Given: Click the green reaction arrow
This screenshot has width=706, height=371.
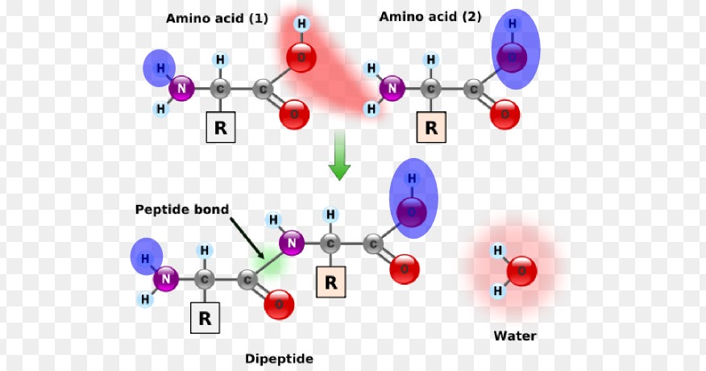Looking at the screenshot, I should pos(340,158).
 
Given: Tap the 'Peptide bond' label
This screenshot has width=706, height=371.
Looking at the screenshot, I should pos(182,210).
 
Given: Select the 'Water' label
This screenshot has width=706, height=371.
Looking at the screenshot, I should pos(515,336).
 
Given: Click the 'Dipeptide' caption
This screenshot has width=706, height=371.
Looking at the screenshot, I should pos(279,359).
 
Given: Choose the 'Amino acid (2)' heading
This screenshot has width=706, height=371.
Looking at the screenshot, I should pos(430,16).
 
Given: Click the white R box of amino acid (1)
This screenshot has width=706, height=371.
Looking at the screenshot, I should pos(220,127).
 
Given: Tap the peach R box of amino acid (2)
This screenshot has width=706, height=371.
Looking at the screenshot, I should pos(431,127).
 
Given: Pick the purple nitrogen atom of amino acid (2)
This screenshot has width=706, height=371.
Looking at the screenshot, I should pos(392,89).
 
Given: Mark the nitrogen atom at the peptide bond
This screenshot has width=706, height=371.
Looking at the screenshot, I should pos(293,241).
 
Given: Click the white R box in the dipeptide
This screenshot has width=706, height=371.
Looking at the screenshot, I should pos(205,319).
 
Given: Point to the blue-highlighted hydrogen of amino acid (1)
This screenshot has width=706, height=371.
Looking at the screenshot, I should pos(160,68).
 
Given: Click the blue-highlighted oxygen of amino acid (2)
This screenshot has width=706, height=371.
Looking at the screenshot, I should pos(511,58).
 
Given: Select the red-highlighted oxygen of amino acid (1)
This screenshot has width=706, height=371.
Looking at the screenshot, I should pos(300,58).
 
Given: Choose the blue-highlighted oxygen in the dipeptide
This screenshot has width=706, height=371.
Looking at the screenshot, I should pos(411,213).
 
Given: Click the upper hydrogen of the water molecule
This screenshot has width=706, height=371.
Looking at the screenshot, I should pos(497,251).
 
